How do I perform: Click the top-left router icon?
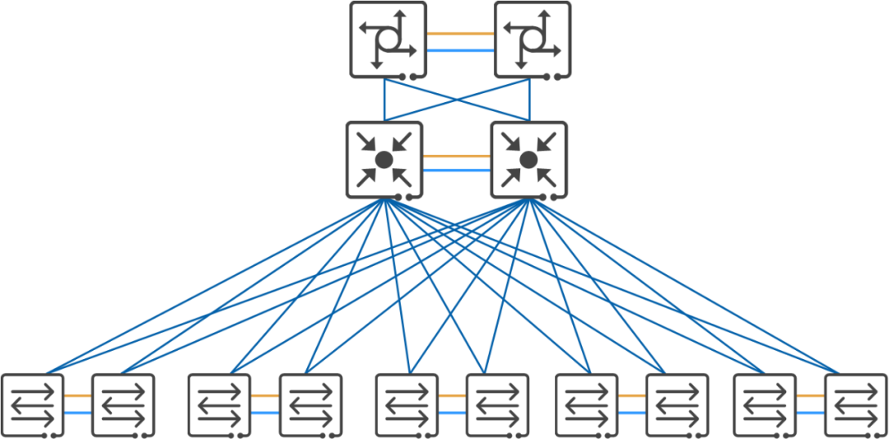pos(388,40)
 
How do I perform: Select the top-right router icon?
pos(533,40)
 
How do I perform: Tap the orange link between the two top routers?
pos(460,34)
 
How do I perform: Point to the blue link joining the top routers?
pos(460,50)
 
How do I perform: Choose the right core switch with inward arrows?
pos(528,160)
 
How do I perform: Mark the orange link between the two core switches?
pos(456,155)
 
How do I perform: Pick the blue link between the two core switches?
pos(456,170)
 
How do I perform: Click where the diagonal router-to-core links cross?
pos(457,100)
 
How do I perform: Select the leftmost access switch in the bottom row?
pos(32,405)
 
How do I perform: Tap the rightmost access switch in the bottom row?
pos(856,405)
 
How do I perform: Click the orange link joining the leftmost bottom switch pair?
pos(77,396)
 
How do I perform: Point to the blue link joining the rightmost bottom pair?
pos(810,412)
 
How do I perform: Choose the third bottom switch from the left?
pos(219,405)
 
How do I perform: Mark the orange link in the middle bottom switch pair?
pos(452,396)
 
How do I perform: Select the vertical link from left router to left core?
pos(384,100)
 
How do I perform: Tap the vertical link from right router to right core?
pos(529,100)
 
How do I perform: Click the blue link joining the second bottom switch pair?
pos(264,412)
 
